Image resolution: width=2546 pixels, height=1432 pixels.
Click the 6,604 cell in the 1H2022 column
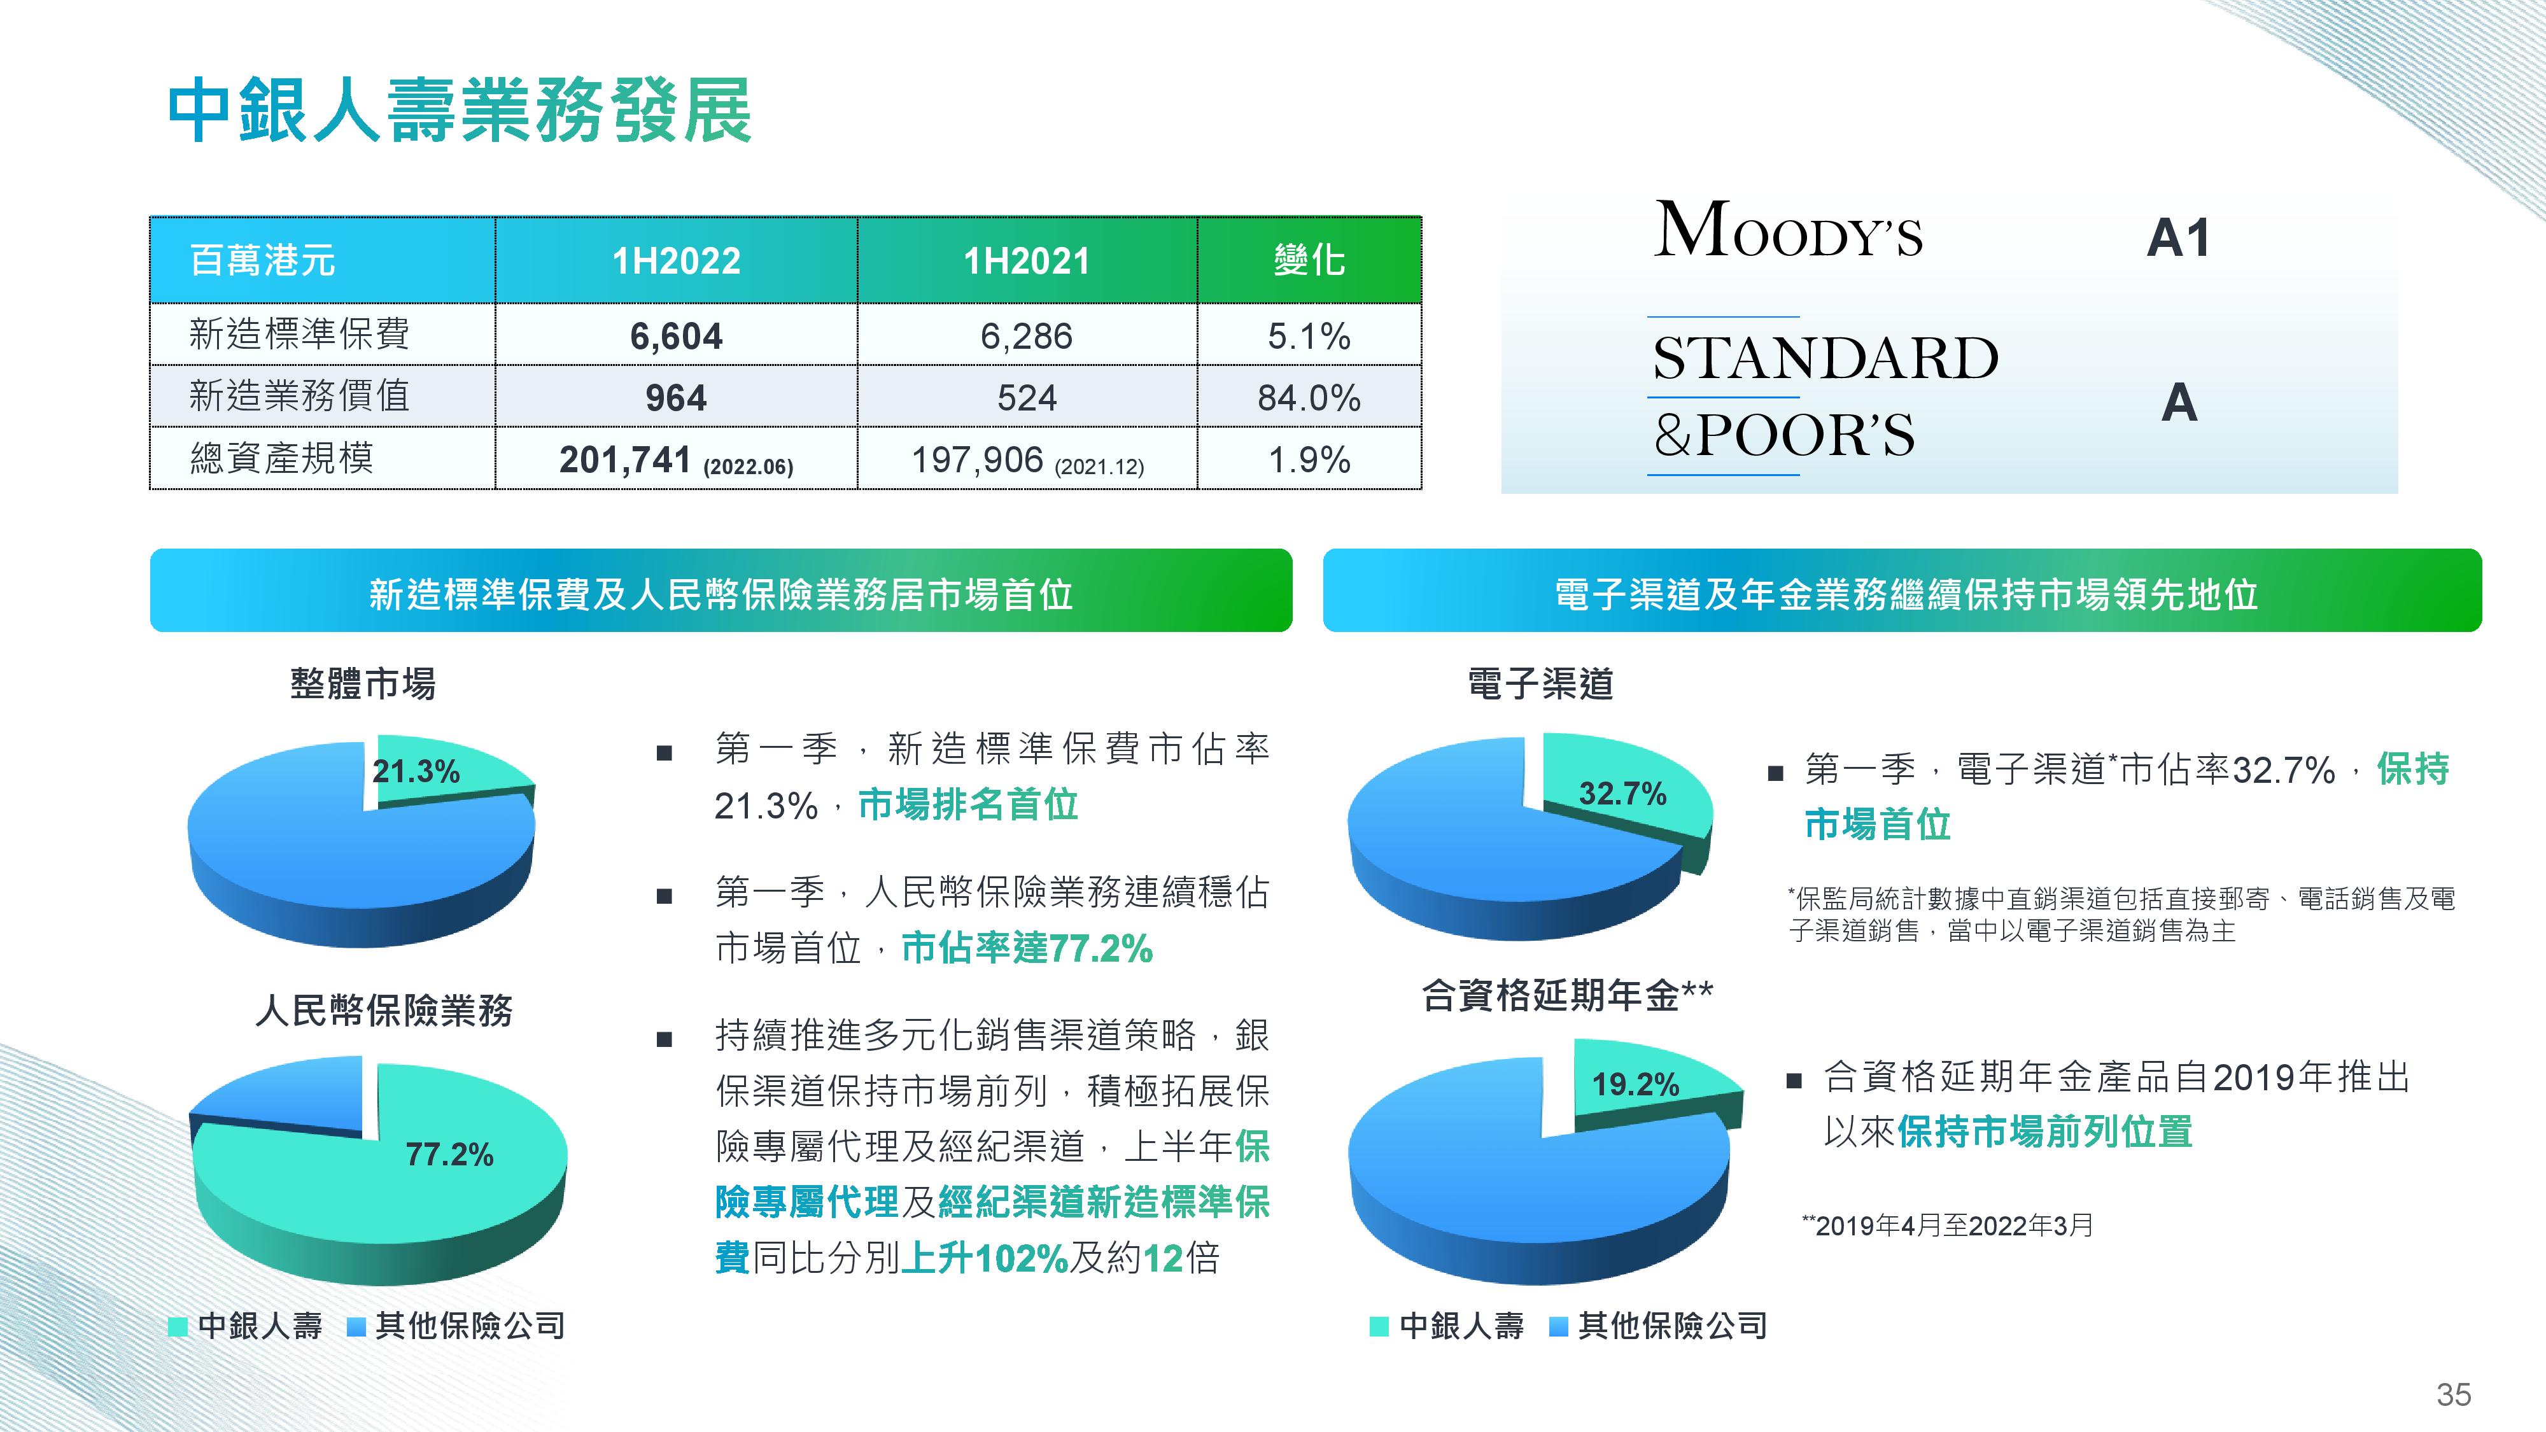676,336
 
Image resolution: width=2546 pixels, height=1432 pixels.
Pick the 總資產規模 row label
282,458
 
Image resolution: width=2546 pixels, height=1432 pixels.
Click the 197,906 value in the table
978,460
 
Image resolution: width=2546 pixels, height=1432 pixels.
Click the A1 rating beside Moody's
2178,238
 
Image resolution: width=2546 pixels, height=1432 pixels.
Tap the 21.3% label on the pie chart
416,771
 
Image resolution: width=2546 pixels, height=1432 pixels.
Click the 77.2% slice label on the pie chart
450,1155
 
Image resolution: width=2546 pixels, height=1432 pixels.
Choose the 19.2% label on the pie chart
1636,1084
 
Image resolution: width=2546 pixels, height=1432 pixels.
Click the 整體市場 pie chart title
363,683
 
